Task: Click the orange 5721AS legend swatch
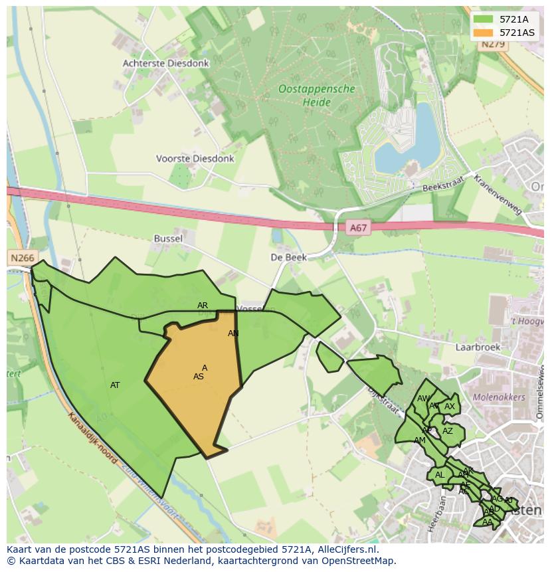click(x=483, y=33)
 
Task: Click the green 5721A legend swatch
click(x=483, y=20)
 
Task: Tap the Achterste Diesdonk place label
click(x=165, y=64)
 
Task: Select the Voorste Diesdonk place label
click(x=195, y=159)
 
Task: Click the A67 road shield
click(x=358, y=228)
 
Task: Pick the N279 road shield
click(x=493, y=45)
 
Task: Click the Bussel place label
click(x=168, y=238)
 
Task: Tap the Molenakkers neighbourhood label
click(x=498, y=397)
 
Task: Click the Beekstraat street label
click(x=444, y=185)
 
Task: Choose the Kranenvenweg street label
click(x=498, y=194)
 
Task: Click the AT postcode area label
click(x=115, y=385)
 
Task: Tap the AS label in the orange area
click(x=198, y=377)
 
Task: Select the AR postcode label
click(x=203, y=306)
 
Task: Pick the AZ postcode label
click(x=448, y=431)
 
